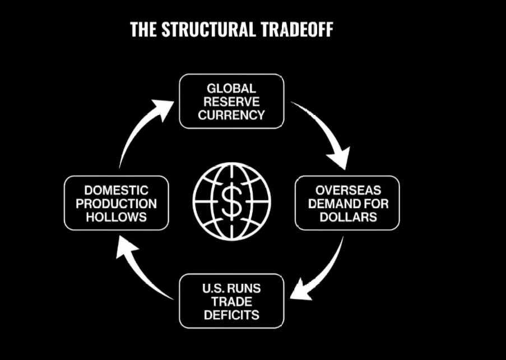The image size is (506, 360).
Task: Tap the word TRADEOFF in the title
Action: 296,30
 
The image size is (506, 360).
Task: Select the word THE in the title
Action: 143,30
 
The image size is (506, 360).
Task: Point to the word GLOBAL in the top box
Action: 231,89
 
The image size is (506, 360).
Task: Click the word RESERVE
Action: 231,102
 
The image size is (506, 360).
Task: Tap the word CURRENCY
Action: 231,116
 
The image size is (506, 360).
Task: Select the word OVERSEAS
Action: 347,190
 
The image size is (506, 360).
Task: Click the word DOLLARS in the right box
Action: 347,217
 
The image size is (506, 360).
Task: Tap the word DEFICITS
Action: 231,315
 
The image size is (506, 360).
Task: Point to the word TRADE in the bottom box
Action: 231,302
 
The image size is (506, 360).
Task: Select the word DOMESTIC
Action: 116,190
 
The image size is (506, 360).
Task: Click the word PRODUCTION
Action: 116,204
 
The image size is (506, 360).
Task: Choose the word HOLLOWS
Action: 116,217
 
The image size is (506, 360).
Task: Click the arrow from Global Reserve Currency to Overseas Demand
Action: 325,132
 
